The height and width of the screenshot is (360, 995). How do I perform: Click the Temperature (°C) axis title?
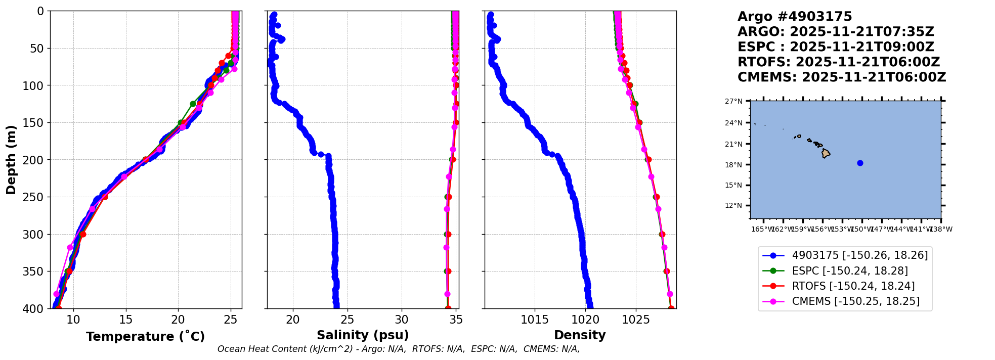coord(145,337)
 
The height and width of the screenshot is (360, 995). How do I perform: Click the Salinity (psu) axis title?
coord(363,335)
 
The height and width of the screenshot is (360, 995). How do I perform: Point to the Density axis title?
coord(580,335)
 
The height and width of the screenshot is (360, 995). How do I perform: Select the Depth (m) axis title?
coord(11,159)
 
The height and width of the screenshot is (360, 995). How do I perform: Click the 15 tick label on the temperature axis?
coord(126,320)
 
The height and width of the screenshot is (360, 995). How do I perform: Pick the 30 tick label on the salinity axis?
coord(402,320)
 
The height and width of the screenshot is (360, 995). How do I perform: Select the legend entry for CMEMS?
coord(855,301)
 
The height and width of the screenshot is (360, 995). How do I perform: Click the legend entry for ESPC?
coord(850,271)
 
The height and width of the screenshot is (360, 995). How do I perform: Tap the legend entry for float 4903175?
coord(859,255)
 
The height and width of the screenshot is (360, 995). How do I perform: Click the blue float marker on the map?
coord(860,163)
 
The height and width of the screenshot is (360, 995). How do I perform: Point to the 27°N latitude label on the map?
coord(733,102)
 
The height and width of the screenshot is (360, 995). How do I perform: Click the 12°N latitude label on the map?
coord(733,206)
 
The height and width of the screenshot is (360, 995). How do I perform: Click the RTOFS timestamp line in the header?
coord(838,62)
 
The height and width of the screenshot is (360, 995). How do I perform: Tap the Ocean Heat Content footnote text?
coord(398,349)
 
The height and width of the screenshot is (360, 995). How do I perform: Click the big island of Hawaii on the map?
coord(826,153)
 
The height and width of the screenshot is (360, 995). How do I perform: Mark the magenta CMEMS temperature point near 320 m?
coord(70,247)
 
